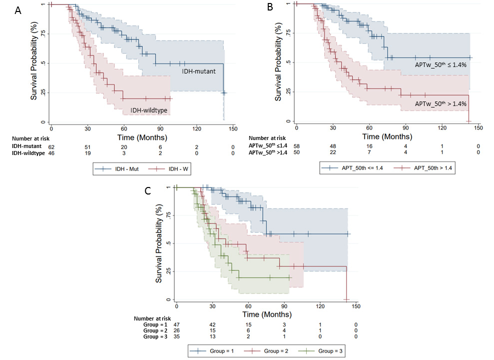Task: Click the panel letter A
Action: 18,11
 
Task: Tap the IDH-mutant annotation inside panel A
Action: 198,71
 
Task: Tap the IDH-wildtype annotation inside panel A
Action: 149,109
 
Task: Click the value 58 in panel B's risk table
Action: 296,146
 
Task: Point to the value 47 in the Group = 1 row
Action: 176,324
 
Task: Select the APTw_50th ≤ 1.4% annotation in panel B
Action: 440,65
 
